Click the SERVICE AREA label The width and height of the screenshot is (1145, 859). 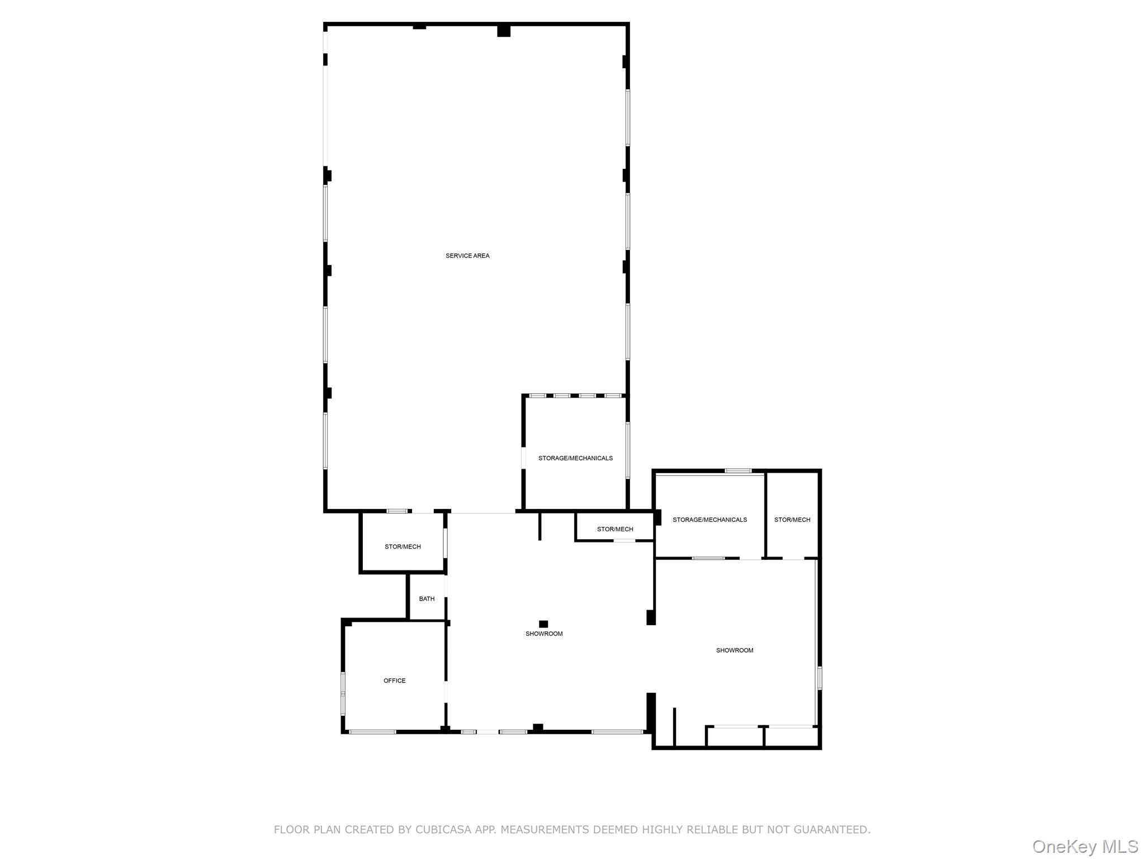click(467, 256)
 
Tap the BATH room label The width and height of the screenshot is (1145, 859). click(427, 598)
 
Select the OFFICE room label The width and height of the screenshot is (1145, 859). click(394, 681)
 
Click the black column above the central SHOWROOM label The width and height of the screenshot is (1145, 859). click(543, 624)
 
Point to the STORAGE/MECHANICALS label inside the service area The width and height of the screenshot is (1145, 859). click(575, 458)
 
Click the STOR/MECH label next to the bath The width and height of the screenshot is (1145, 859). click(403, 546)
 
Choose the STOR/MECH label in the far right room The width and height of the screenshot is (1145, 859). click(792, 520)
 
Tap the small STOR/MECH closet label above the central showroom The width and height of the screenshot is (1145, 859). click(615, 529)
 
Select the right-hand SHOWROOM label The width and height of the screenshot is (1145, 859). click(735, 650)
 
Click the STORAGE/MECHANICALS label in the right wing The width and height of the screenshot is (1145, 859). click(709, 520)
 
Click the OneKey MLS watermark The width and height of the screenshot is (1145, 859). click(1085, 846)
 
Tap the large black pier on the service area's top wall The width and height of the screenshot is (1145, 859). click(504, 30)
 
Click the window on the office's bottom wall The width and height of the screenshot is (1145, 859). click(373, 731)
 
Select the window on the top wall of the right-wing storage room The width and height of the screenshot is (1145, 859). click(738, 471)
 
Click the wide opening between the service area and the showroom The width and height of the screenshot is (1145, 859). click(483, 512)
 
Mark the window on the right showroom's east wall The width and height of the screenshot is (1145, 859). click(820, 677)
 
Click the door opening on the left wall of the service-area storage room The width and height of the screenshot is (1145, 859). click(524, 458)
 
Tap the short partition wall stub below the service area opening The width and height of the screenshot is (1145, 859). click(540, 526)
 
